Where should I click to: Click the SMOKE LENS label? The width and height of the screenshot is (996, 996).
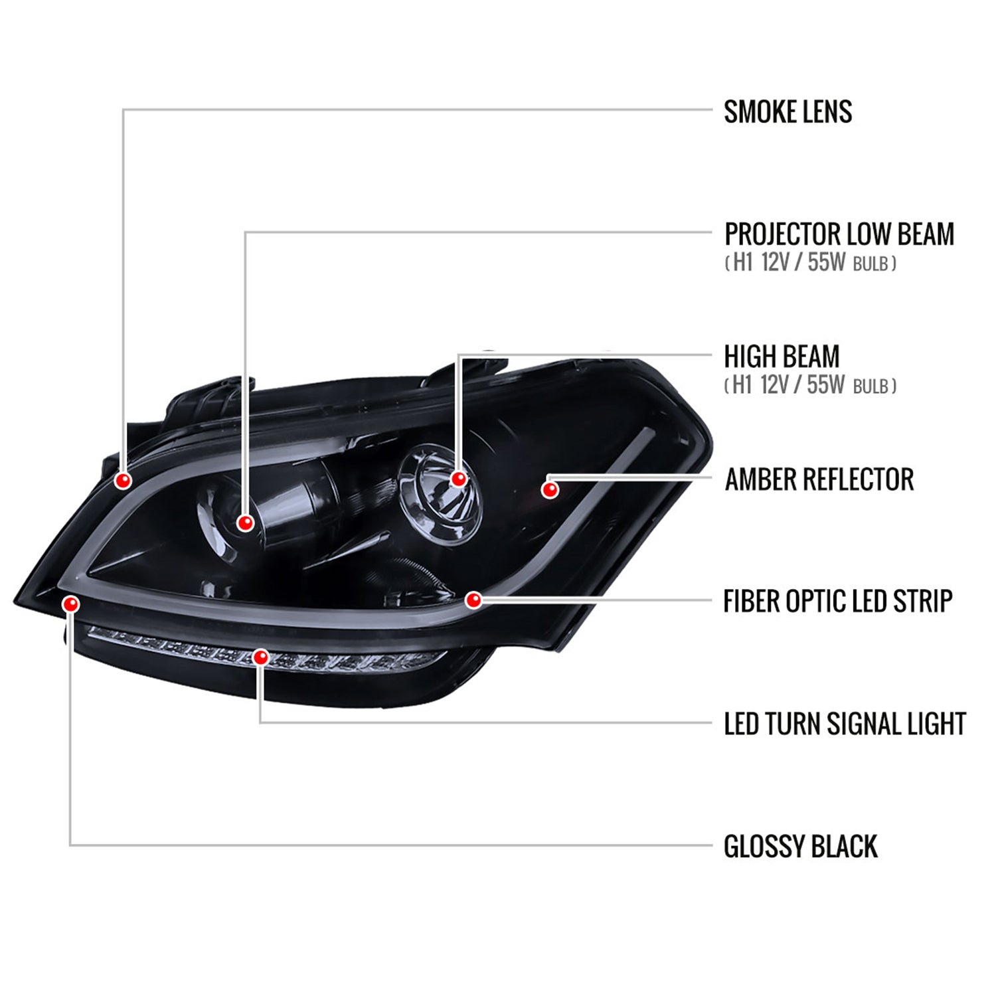(x=788, y=112)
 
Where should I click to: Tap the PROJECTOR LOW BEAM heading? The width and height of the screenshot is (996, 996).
(x=839, y=234)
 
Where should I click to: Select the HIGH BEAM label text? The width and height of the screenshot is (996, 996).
(x=782, y=357)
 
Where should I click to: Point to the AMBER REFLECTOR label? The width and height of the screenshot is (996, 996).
(x=819, y=479)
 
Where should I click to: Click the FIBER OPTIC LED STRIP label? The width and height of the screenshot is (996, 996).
(x=838, y=601)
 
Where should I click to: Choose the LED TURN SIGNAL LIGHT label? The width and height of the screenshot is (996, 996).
(x=845, y=724)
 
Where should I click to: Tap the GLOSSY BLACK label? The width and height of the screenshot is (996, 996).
(x=801, y=847)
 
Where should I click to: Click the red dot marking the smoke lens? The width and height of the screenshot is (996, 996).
(x=123, y=480)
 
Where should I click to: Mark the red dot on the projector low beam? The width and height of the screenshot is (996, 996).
(x=246, y=523)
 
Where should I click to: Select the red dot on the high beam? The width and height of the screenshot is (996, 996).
(x=458, y=479)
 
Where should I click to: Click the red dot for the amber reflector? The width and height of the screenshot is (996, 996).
(x=550, y=490)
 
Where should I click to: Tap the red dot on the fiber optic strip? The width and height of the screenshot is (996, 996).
(x=473, y=600)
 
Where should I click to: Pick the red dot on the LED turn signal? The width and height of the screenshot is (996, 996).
(x=262, y=657)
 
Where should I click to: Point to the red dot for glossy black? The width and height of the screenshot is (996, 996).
(x=70, y=604)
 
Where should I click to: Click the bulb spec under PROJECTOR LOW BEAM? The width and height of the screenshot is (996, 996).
(x=811, y=263)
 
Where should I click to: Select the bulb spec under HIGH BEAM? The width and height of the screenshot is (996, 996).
(x=811, y=385)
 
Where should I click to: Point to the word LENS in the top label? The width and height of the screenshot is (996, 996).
(x=827, y=112)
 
